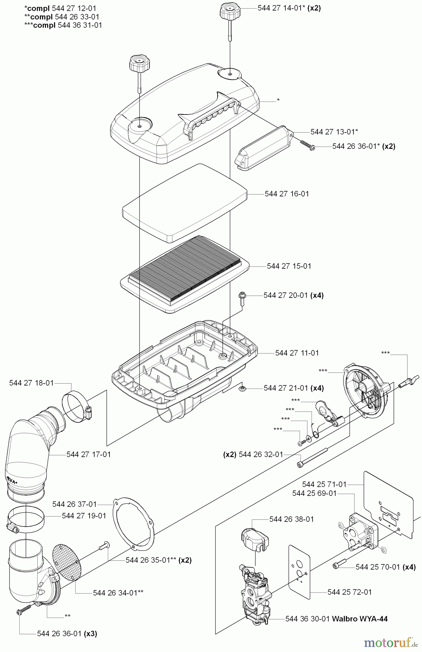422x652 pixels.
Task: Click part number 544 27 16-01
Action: (x=287, y=194)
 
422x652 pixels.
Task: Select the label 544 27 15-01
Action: (x=289, y=266)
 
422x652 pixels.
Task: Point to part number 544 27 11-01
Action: (x=297, y=353)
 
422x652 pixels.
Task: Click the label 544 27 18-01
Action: (x=32, y=383)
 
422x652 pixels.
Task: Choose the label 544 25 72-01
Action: (x=349, y=592)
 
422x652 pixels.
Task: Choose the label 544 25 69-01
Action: (x=314, y=493)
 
